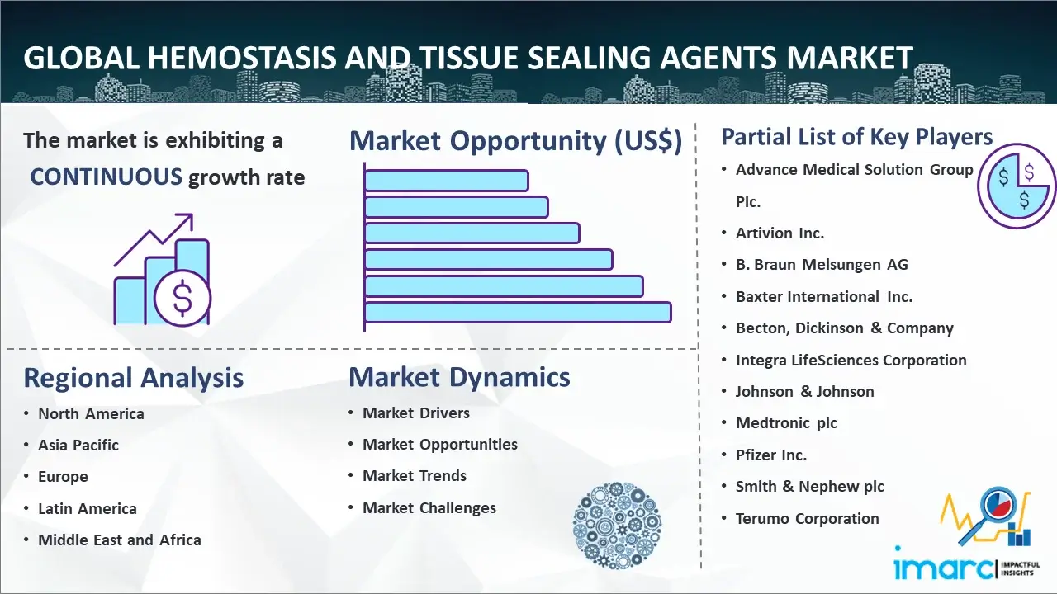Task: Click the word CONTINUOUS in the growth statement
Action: [107, 177]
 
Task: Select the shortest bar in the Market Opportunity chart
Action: [447, 181]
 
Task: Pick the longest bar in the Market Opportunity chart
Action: [518, 312]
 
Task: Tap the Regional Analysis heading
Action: [134, 378]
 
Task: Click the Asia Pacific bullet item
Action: [78, 445]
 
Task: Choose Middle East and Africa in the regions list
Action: [120, 540]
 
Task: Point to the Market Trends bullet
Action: [415, 476]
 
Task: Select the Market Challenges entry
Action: [429, 507]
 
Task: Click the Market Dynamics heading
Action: [459, 377]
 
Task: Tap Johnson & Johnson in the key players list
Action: [805, 391]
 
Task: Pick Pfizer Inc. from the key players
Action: [771, 455]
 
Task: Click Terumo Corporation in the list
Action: [808, 519]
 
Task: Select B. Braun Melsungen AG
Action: [822, 265]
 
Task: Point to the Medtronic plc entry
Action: [787, 423]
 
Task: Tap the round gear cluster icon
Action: [617, 526]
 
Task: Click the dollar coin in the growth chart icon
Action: [182, 298]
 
